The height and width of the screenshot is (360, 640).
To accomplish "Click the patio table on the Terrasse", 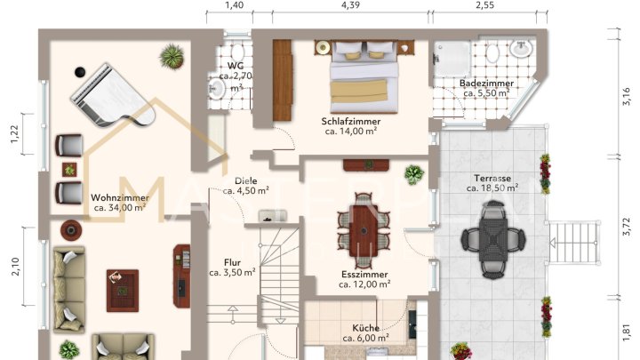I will point(491,237).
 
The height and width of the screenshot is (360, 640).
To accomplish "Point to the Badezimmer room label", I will point(484,83).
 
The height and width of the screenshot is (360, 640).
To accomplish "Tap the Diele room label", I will point(240,180).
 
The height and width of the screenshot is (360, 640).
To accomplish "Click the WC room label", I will point(236,66).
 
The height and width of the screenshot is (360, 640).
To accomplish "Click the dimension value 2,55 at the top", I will point(484,5).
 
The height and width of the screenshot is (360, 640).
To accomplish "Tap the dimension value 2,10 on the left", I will point(14,267).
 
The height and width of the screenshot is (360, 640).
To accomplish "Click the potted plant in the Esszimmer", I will point(413,173).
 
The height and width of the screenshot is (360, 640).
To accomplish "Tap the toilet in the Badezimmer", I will point(492,52).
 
